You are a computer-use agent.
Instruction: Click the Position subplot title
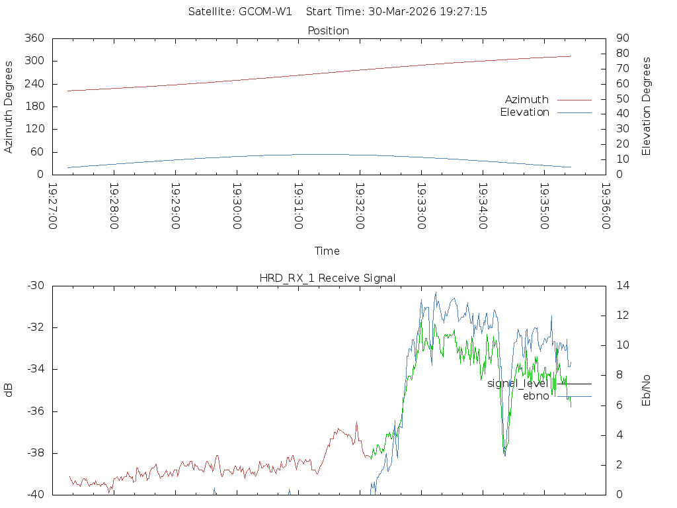tap(329, 30)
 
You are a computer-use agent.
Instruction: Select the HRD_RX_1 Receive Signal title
tap(327, 278)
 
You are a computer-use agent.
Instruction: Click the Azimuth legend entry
tap(527, 99)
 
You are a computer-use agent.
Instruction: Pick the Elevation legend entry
tap(524, 112)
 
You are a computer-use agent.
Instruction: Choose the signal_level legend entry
tap(517, 384)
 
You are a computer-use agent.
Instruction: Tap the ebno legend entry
tap(536, 396)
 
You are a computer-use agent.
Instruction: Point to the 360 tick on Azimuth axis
tap(34, 38)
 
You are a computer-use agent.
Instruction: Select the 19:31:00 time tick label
tap(298, 206)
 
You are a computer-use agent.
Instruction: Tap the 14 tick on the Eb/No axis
tap(623, 286)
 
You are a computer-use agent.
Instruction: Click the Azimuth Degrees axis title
tap(9, 106)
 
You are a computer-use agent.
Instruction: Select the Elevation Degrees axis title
tap(647, 106)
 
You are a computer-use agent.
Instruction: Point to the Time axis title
tap(327, 251)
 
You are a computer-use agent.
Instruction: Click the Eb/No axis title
tap(647, 390)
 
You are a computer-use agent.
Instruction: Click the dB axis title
tap(9, 390)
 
